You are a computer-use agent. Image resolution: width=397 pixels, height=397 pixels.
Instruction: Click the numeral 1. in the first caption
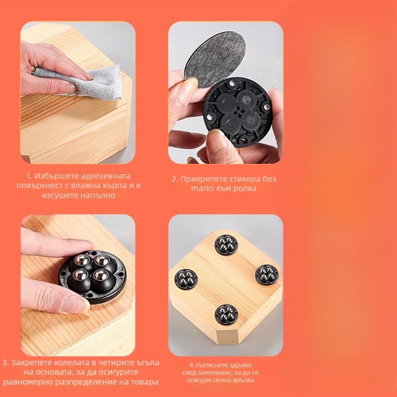coord(29,176)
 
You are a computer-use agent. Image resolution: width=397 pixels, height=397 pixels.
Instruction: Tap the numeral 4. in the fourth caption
coord(192,365)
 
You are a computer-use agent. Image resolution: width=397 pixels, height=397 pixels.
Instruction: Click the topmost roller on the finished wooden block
coord(226,245)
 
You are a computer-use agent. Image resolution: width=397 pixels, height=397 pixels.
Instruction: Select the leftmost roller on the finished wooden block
coord(186,279)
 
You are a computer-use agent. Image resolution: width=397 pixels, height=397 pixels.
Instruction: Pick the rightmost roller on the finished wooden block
coord(266,275)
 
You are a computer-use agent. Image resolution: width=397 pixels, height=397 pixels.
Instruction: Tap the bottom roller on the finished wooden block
coord(226,315)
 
